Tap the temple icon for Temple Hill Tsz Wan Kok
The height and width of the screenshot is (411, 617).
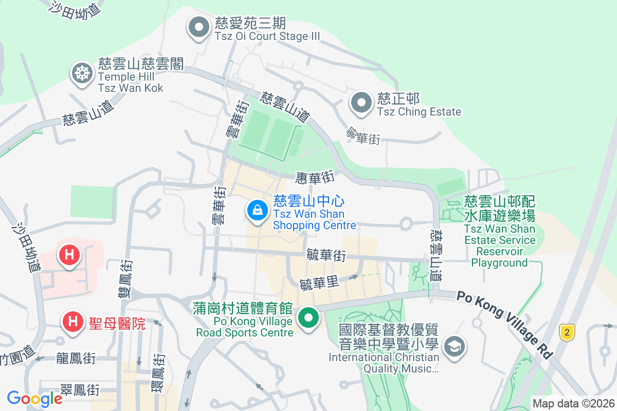[82, 73]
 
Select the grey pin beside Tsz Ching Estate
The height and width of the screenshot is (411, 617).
[361, 103]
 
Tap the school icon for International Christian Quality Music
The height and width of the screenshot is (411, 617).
[455, 346]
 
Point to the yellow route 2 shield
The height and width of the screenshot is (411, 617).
[567, 332]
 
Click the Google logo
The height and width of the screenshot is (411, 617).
[35, 398]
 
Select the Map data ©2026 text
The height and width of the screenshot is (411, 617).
[573, 403]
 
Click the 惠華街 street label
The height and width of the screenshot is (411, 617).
[315, 178]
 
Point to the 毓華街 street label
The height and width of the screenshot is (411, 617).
[325, 255]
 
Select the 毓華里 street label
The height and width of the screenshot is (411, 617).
[319, 284]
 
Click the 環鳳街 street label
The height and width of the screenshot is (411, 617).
[159, 372]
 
